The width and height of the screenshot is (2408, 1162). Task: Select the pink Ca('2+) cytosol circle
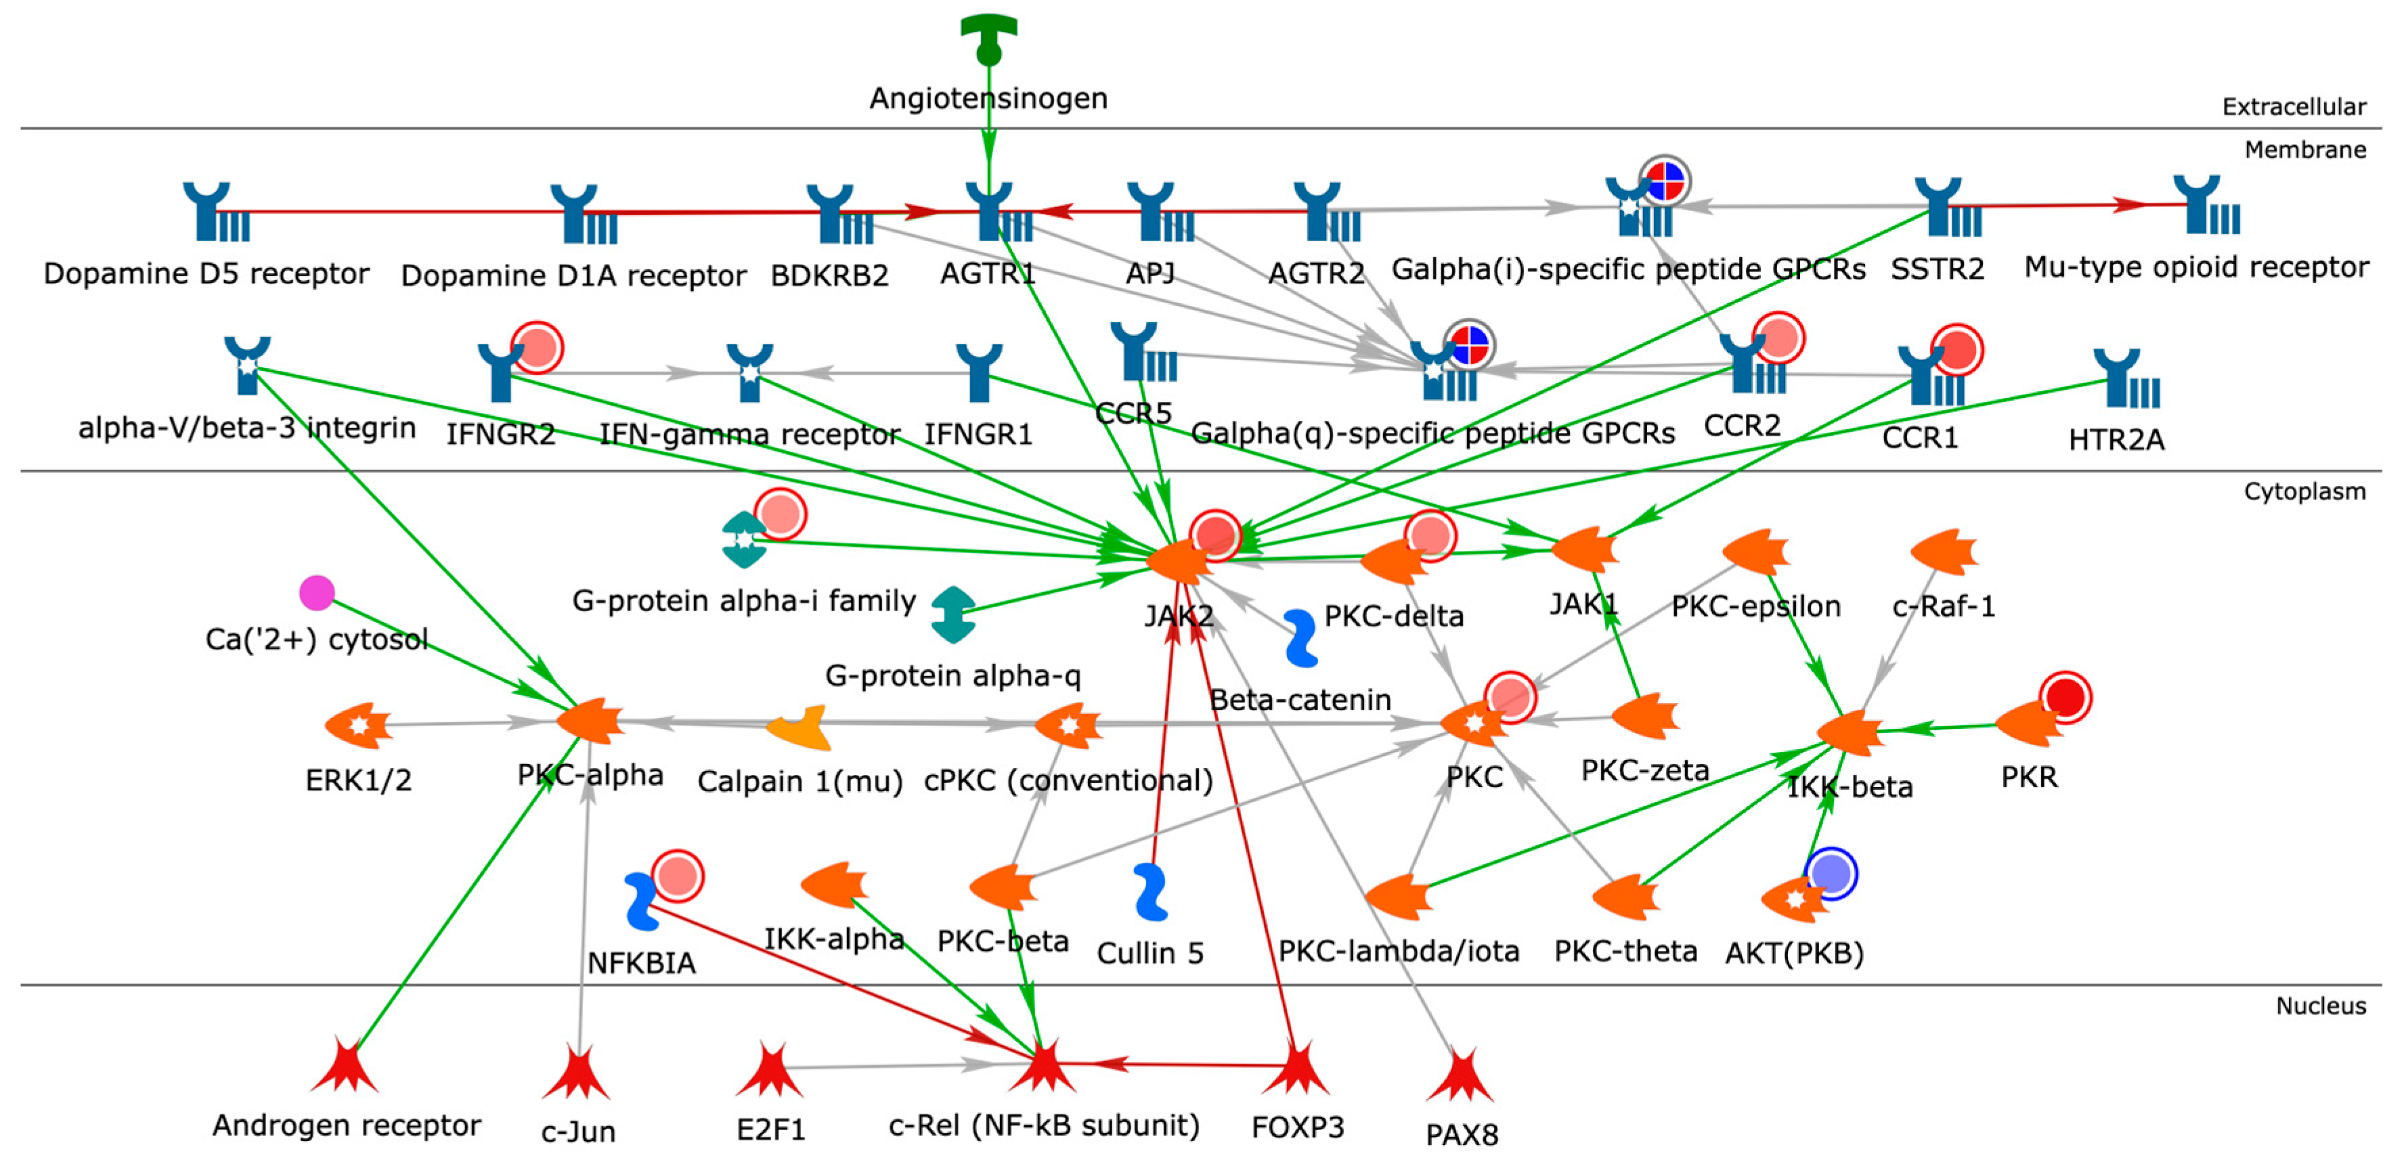(317, 593)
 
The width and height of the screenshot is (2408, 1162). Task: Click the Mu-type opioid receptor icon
(2207, 205)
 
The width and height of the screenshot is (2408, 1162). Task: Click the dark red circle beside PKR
(2065, 697)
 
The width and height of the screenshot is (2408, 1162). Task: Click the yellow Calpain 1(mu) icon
(800, 728)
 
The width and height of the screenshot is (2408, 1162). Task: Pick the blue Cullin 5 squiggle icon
(1150, 892)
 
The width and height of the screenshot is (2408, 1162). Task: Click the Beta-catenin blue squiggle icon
(1300, 638)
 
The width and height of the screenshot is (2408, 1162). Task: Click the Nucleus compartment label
(2320, 1006)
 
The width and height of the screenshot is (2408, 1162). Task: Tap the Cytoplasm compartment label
(2304, 492)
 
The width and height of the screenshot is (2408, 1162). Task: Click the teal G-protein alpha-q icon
(953, 615)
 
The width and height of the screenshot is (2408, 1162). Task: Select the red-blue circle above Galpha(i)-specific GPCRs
(1665, 181)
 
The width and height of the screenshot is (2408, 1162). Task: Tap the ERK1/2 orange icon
(358, 725)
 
